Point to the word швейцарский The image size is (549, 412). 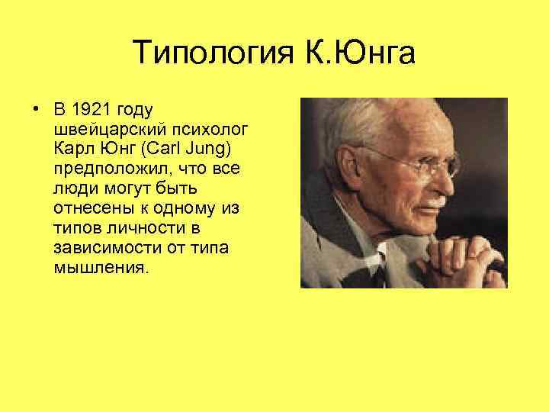pos(101,125)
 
